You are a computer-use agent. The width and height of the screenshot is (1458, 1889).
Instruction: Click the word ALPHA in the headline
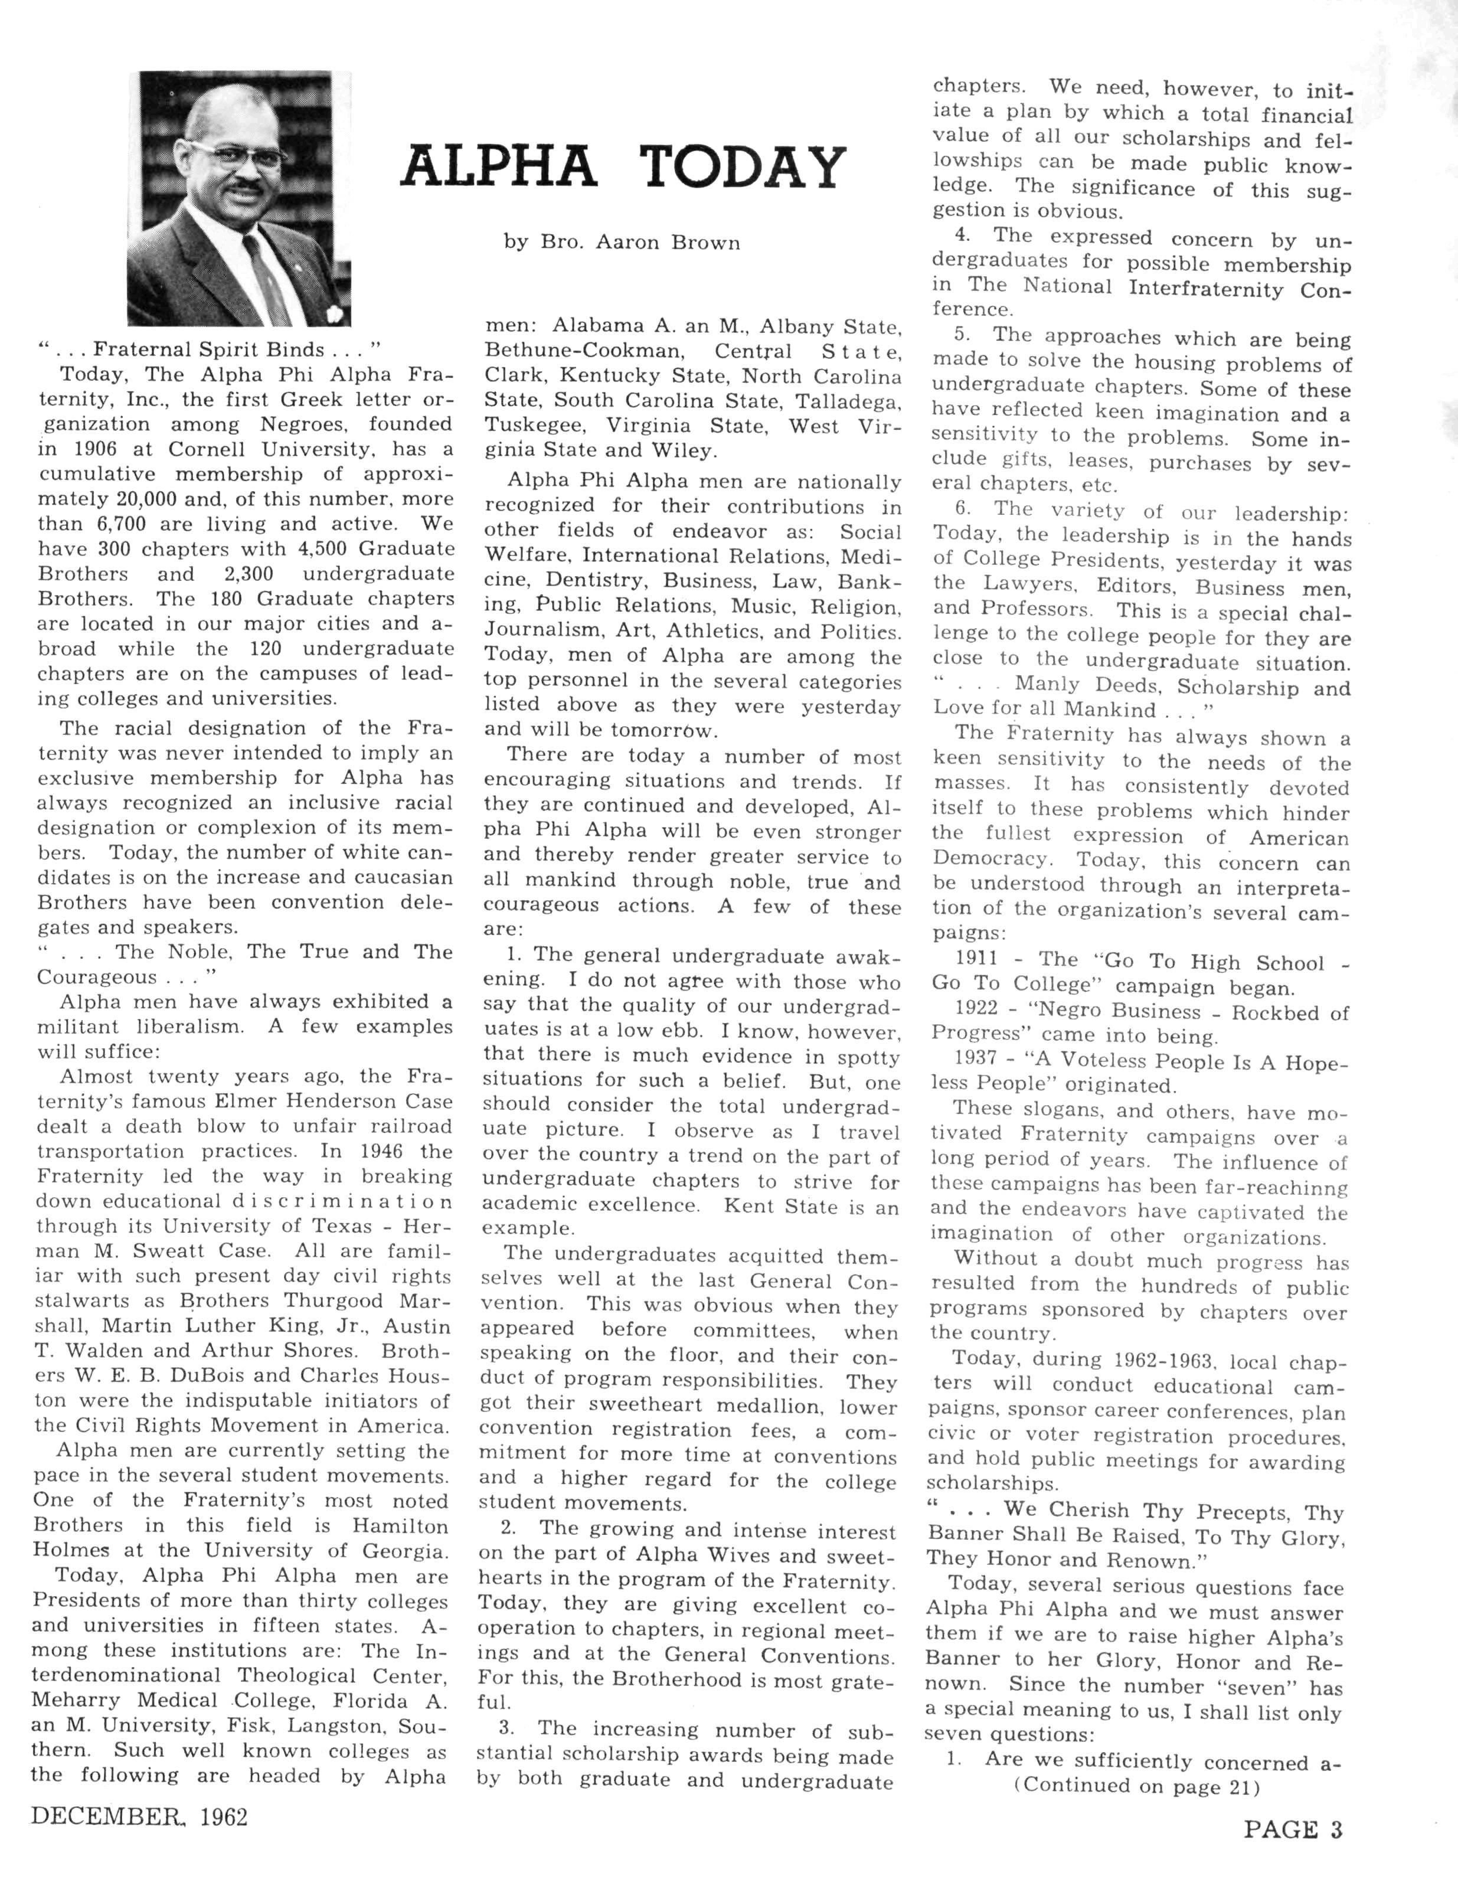(x=499, y=167)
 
